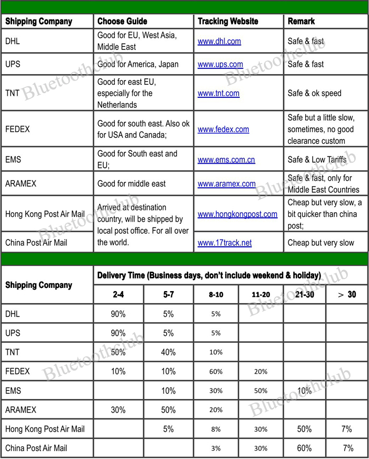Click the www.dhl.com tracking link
[219, 41]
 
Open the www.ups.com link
[220, 65]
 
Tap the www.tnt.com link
[218, 93]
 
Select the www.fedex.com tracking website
[224, 129]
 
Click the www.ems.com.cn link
[226, 159]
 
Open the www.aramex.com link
[227, 184]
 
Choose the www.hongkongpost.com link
[237, 214]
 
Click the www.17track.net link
[225, 243]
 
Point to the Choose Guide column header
[122, 22]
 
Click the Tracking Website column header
[228, 22]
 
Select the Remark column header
[301, 22]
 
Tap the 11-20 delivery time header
[260, 295]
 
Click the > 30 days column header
[346, 295]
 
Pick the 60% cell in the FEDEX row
[216, 372]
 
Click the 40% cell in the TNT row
[168, 352]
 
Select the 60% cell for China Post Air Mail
[304, 448]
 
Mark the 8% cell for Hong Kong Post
[216, 430]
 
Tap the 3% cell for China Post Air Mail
[216, 448]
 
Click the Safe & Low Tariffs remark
[317, 159]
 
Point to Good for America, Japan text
[138, 65]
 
